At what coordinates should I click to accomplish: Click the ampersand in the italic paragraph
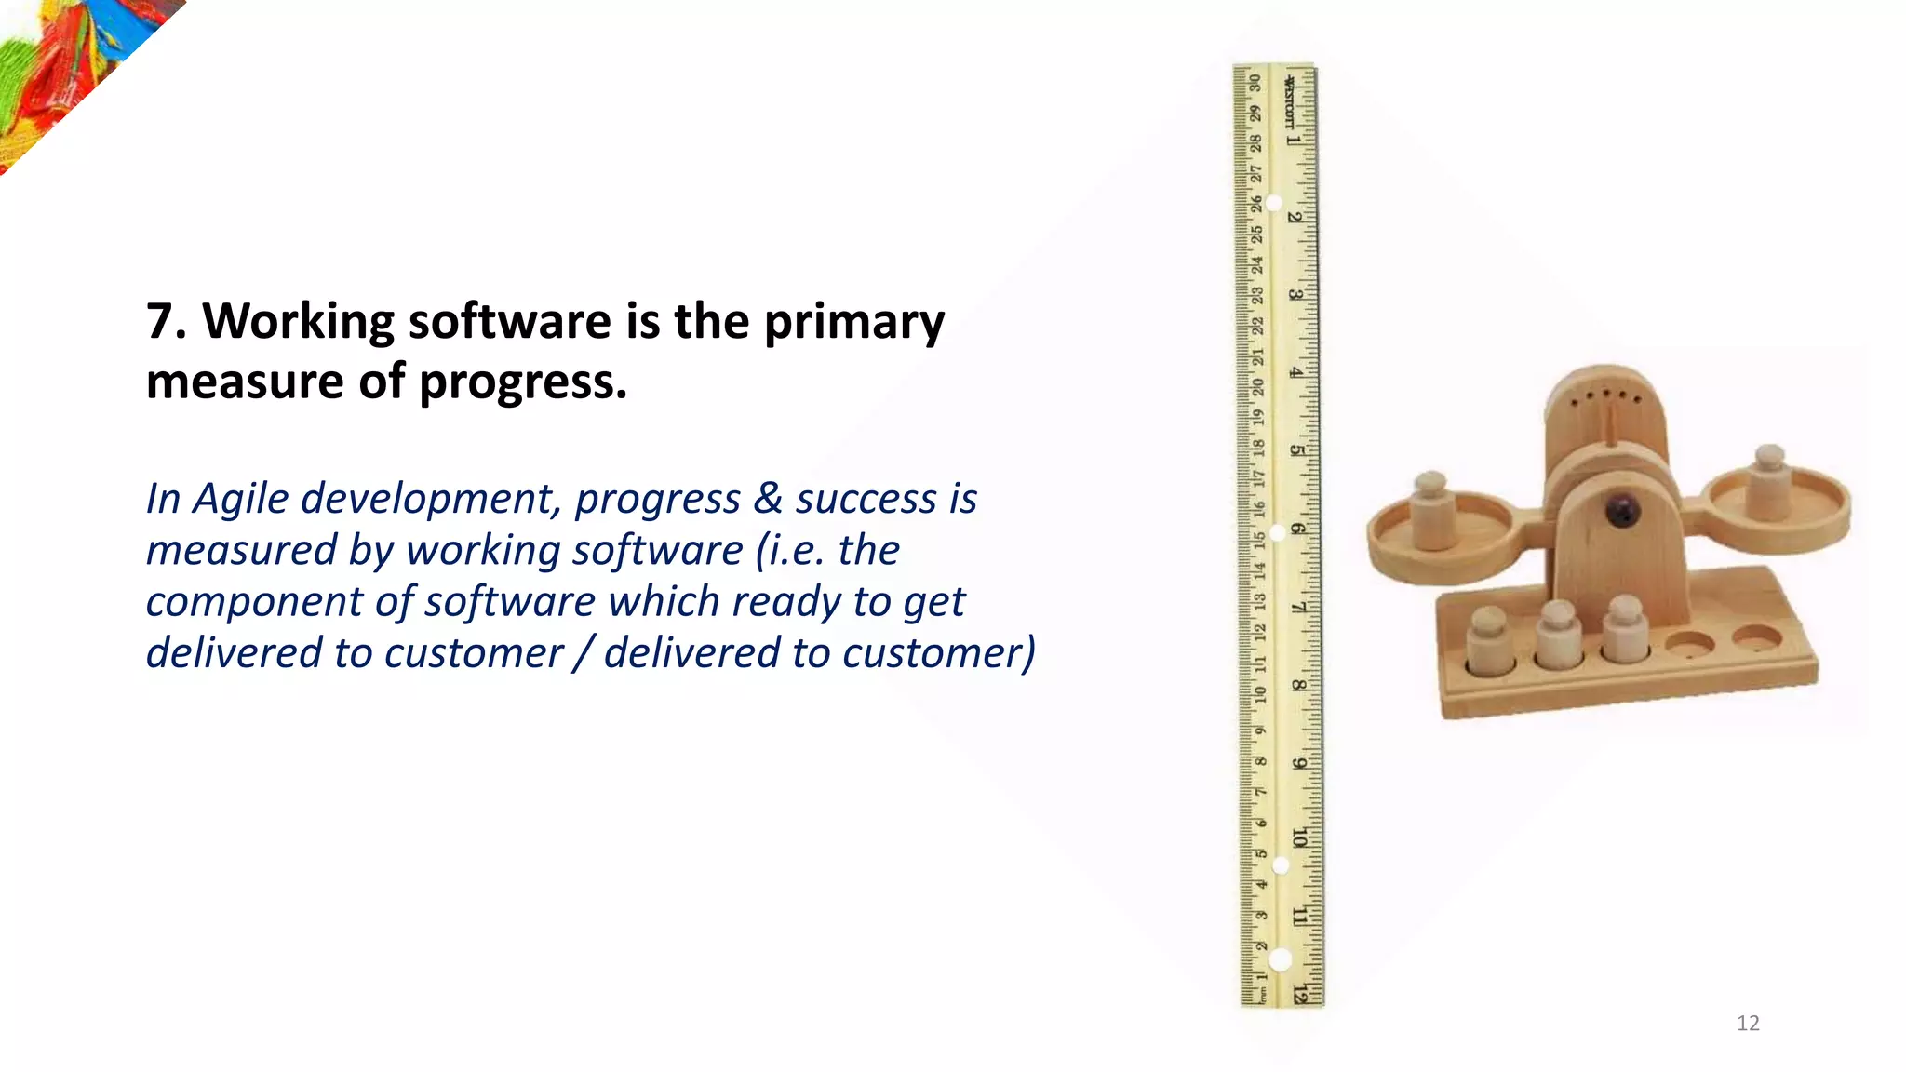point(768,499)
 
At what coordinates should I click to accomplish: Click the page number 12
point(1748,1024)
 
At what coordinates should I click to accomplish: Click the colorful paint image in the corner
point(65,65)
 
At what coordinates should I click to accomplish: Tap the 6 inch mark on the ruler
point(1296,529)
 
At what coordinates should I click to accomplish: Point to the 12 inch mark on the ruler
point(1300,994)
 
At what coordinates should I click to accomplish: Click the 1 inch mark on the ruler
point(1293,140)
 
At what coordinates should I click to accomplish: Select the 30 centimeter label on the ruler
point(1255,82)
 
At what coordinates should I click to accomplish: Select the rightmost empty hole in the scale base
point(1757,638)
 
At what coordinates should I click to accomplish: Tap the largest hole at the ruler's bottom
point(1281,959)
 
